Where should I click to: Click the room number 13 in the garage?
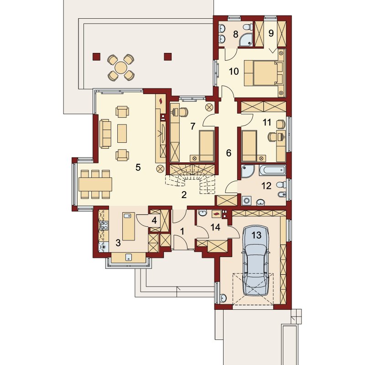pos(256,235)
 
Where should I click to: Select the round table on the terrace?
pos(121,68)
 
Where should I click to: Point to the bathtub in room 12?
pos(271,170)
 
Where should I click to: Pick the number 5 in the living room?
pos(138,167)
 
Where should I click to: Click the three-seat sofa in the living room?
pos(105,134)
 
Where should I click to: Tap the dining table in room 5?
pos(95,184)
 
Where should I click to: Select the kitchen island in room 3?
pos(128,226)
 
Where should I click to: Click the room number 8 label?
pos(235,35)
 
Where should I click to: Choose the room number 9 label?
pos(271,33)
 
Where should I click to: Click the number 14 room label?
pos(215,227)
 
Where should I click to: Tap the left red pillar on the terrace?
pos(96,57)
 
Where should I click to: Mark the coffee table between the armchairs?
pos(122,133)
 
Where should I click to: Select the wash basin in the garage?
pos(223,298)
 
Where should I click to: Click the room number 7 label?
pos(193,126)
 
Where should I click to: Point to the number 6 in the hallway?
pos(229,153)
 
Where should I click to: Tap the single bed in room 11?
pos(249,146)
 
